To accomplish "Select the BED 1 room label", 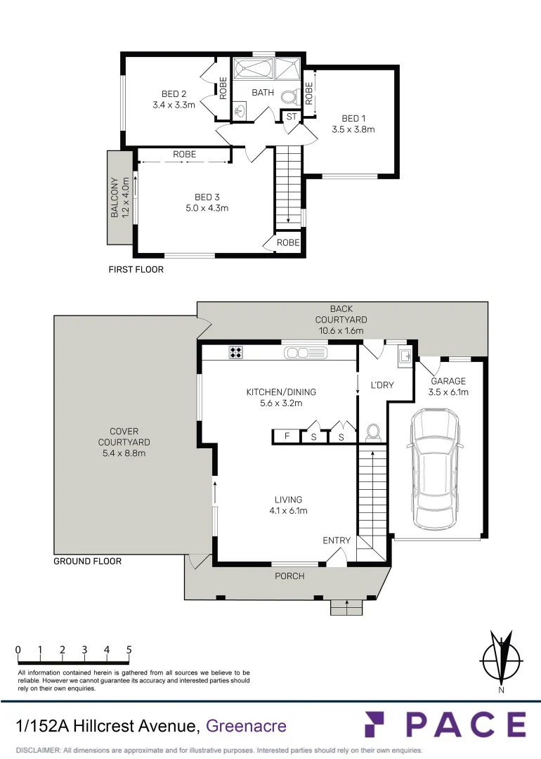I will [x=353, y=118].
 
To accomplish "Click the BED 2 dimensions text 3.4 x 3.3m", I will [x=174, y=105].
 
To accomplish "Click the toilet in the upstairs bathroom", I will [x=288, y=97].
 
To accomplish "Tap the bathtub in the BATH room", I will [x=252, y=70].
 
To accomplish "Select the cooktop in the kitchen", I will [x=235, y=353].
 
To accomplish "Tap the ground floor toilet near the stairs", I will [x=373, y=432].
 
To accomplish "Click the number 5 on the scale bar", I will [x=129, y=650].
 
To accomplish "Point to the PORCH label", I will [x=289, y=576].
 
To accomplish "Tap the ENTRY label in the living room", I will [x=337, y=540].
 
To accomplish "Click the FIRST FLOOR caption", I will [x=136, y=269].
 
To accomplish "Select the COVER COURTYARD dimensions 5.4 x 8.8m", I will [x=124, y=453].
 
